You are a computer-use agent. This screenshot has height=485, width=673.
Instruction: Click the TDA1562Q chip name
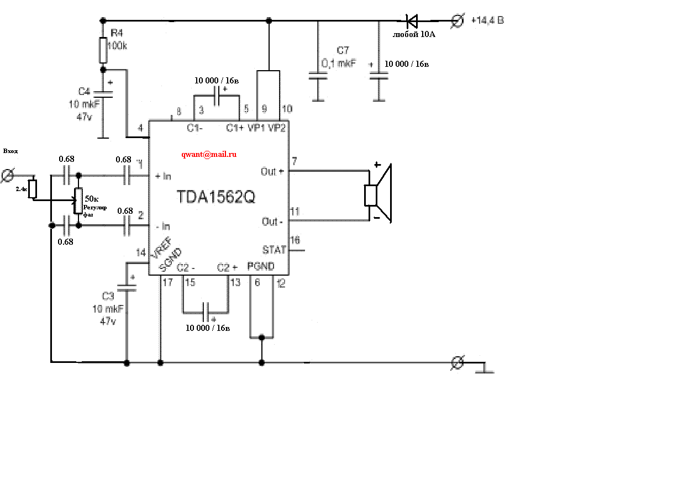(216, 197)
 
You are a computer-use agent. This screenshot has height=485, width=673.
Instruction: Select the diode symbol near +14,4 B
(412, 22)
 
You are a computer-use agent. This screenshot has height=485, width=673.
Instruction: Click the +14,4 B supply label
(487, 20)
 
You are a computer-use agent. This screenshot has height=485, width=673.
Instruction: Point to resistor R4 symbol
(102, 50)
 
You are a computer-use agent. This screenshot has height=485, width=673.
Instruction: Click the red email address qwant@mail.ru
(209, 155)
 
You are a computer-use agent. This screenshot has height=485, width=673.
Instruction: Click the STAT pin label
(274, 250)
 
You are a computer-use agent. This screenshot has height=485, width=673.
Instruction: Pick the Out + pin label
(272, 172)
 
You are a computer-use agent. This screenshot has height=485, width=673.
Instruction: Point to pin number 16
(296, 240)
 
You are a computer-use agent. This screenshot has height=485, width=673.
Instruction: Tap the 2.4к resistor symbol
(32, 188)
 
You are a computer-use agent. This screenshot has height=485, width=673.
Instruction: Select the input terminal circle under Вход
(8, 176)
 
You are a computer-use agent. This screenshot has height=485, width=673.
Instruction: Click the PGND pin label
(261, 266)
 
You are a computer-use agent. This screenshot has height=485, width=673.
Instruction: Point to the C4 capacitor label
(84, 92)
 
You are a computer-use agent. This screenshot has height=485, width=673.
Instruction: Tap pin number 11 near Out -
(295, 212)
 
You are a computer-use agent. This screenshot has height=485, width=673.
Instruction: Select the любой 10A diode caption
(414, 34)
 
